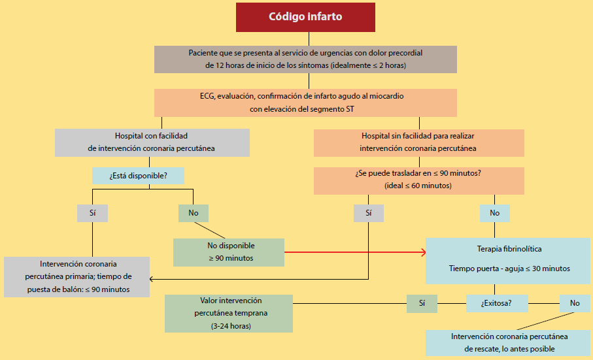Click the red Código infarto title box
tap(305, 17)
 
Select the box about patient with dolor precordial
tap(305, 59)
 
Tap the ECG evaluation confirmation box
tap(305, 102)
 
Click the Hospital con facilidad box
tap(152, 142)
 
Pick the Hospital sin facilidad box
tap(418, 142)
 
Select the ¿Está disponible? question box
tap(138, 175)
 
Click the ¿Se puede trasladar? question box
tap(418, 180)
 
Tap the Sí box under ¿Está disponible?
tap(92, 213)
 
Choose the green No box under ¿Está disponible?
tap(193, 213)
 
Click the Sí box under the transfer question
tap(369, 213)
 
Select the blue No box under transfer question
tap(494, 213)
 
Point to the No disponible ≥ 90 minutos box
tap(229, 252)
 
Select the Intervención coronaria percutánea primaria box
tap(76, 276)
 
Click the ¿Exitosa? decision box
tap(496, 303)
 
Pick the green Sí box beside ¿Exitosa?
tap(422, 303)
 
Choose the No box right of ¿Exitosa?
tap(575, 303)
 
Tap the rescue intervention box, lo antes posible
tap(509, 342)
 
